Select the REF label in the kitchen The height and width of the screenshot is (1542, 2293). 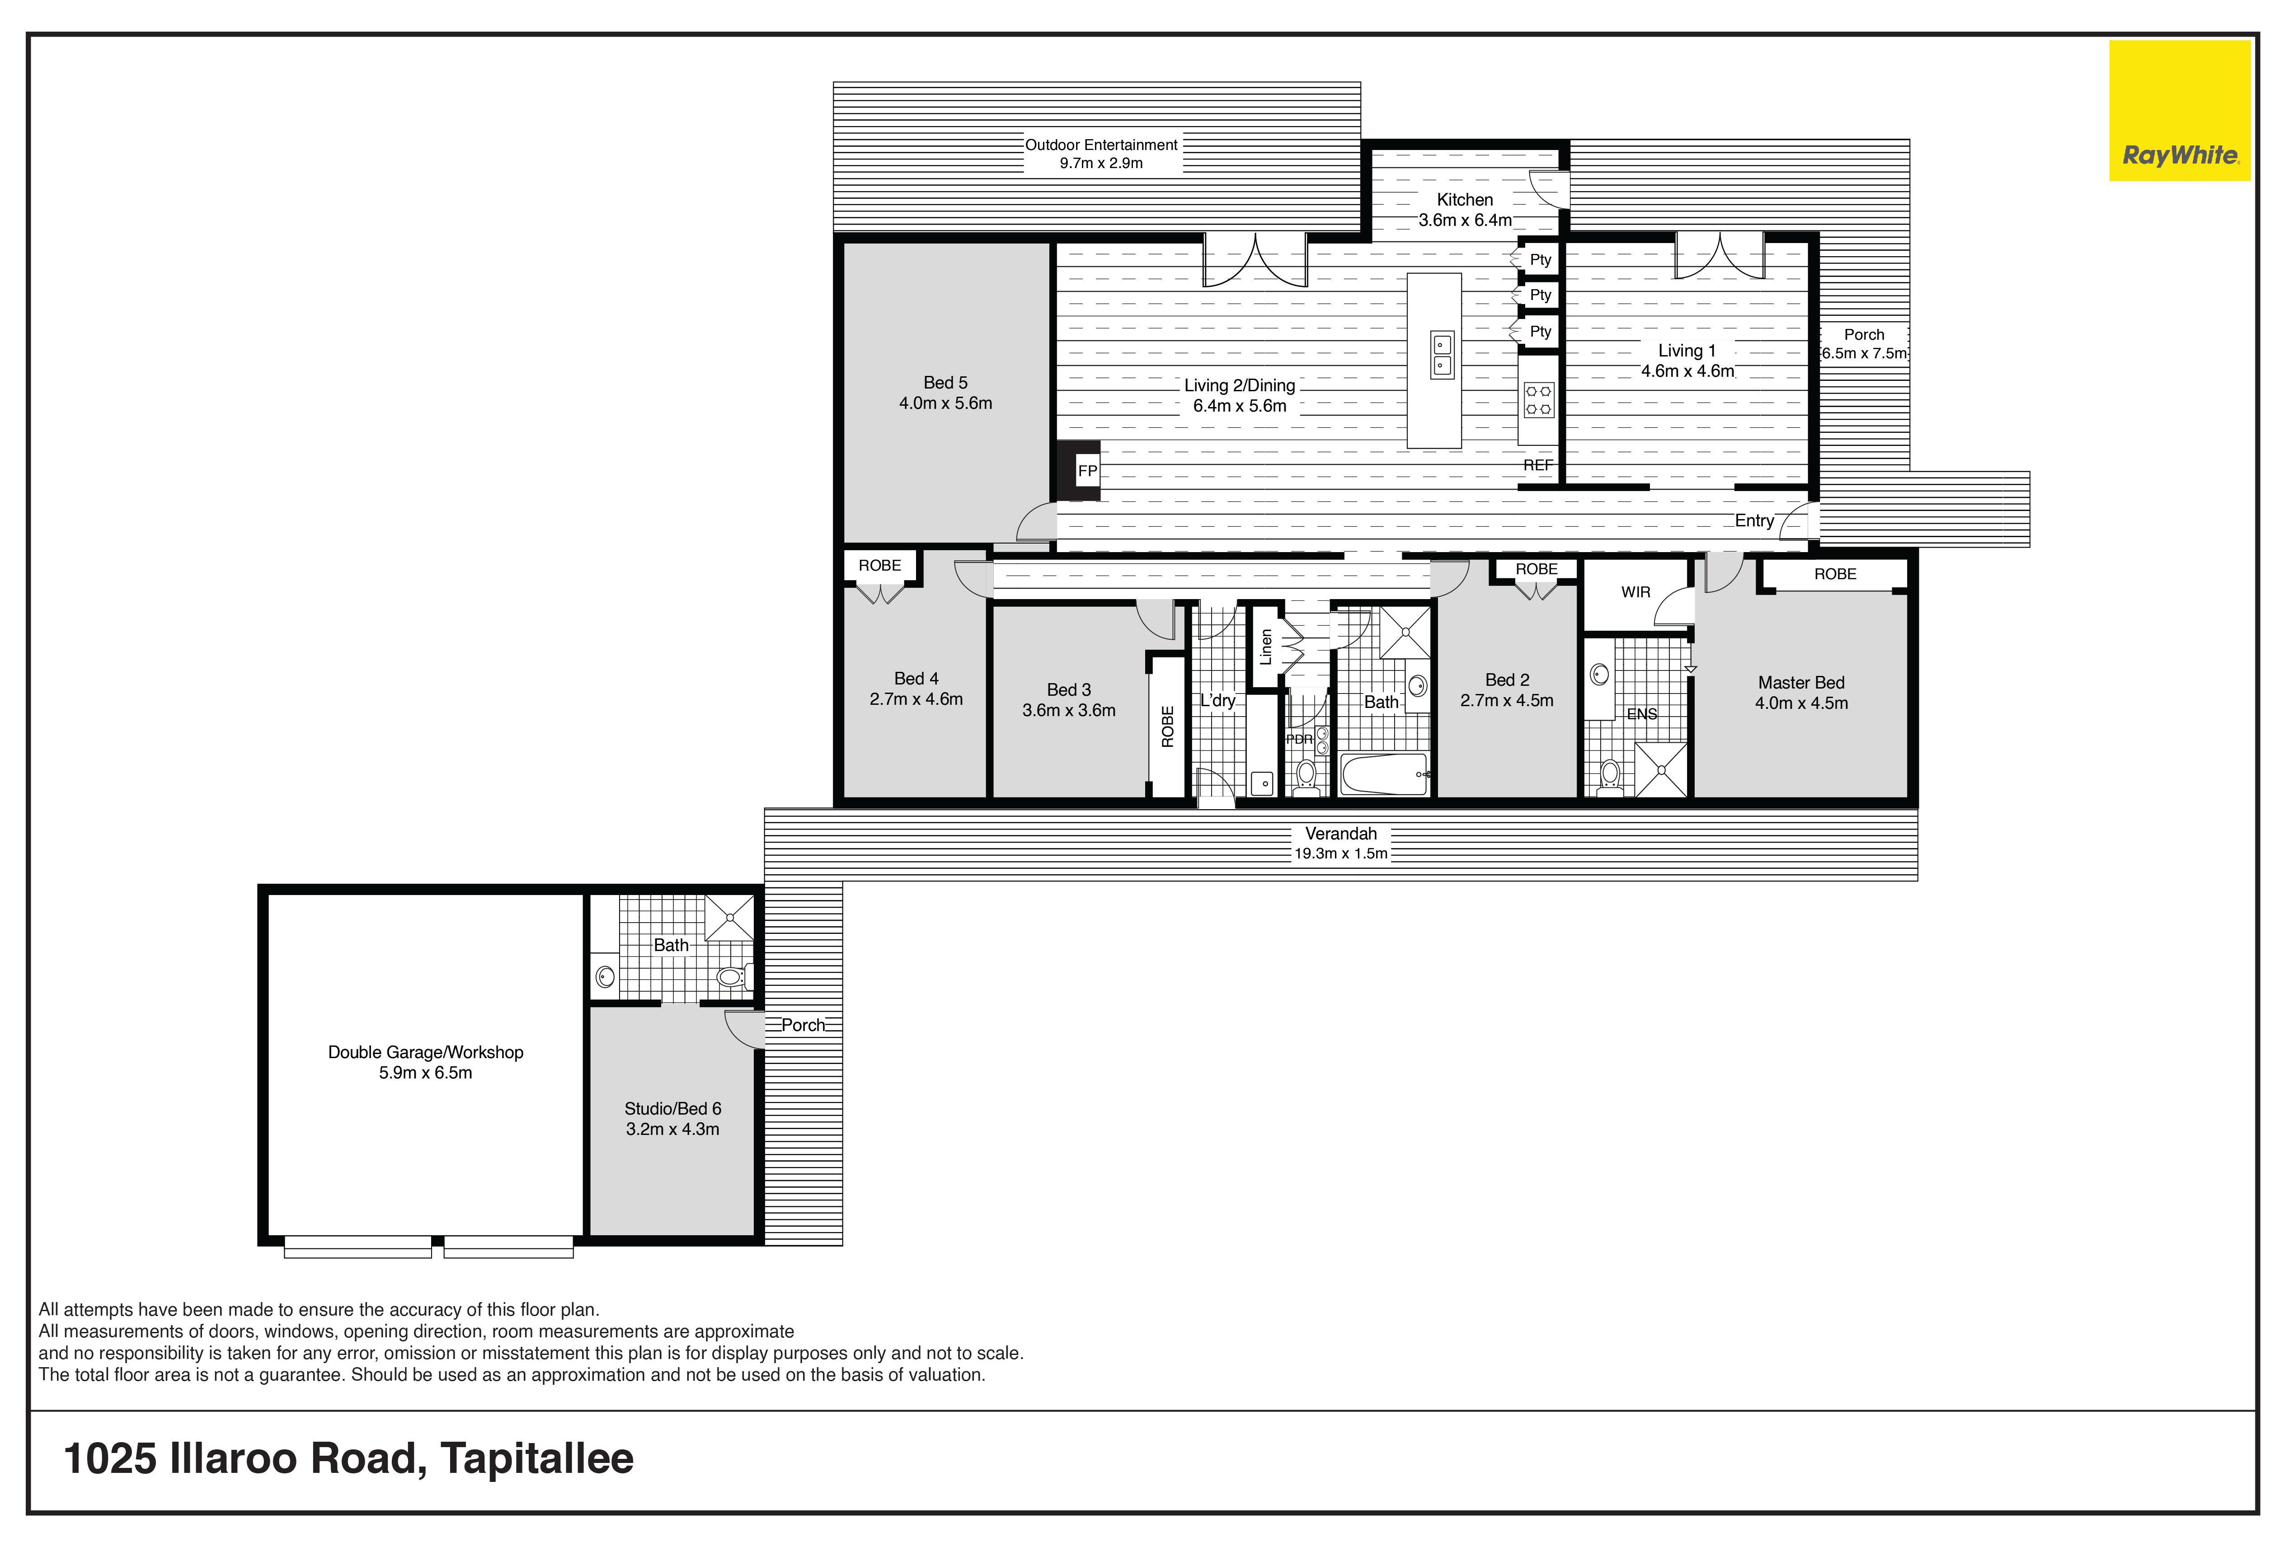click(1537, 465)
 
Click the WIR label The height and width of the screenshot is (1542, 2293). click(1636, 592)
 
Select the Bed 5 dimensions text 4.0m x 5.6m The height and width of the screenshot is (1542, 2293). click(945, 403)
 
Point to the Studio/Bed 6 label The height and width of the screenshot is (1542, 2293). click(673, 1108)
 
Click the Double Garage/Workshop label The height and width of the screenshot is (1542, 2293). click(426, 1052)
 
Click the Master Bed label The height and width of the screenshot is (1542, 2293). click(1801, 683)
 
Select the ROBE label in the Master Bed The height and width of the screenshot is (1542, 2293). click(1836, 574)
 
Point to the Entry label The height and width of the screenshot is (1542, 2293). click(1754, 521)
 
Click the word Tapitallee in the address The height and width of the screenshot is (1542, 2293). click(537, 1458)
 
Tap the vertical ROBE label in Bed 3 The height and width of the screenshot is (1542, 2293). click(1168, 727)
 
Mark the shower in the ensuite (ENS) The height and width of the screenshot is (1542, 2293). click(1660, 769)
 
